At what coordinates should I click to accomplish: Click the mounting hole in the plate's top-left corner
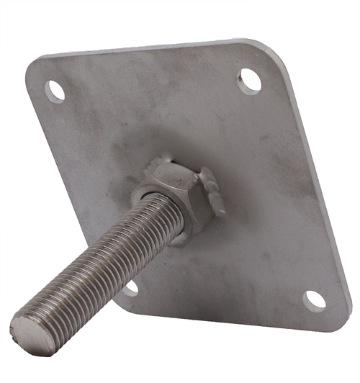55,91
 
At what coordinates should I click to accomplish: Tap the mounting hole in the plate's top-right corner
250,79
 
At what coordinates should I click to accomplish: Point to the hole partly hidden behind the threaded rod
131,288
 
